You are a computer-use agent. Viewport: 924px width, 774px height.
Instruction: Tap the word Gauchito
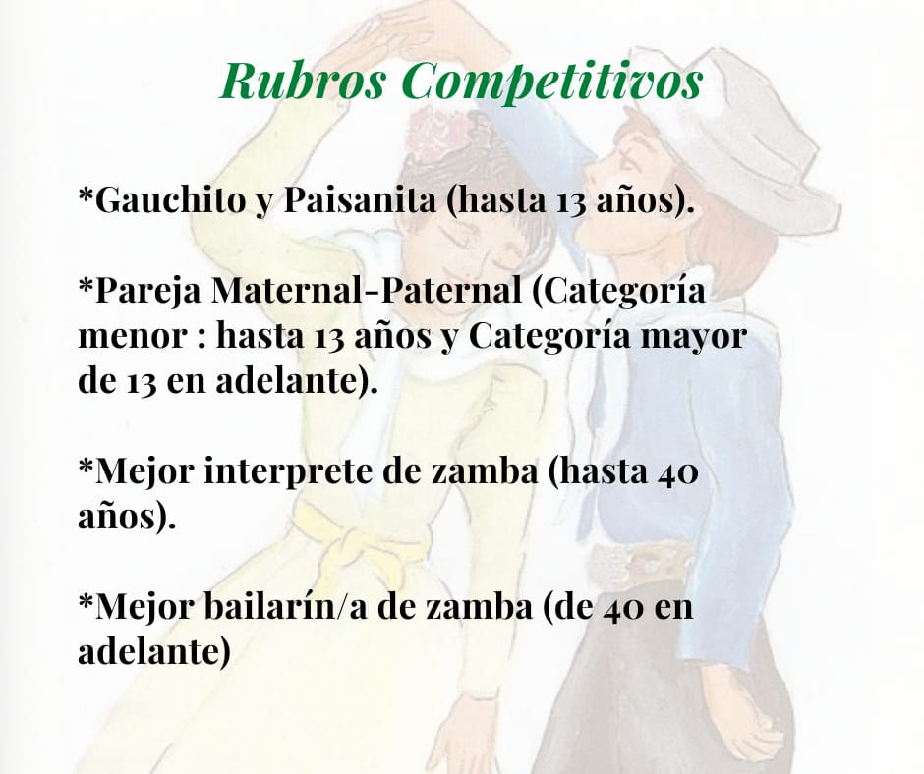click(x=168, y=199)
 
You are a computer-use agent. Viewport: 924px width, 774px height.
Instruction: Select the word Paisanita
click(x=361, y=199)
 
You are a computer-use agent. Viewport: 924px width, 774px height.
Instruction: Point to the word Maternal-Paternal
click(x=367, y=290)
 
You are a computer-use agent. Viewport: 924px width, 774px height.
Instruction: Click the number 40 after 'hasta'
click(x=677, y=473)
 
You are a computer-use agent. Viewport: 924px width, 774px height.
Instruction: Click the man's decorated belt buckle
click(x=641, y=565)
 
